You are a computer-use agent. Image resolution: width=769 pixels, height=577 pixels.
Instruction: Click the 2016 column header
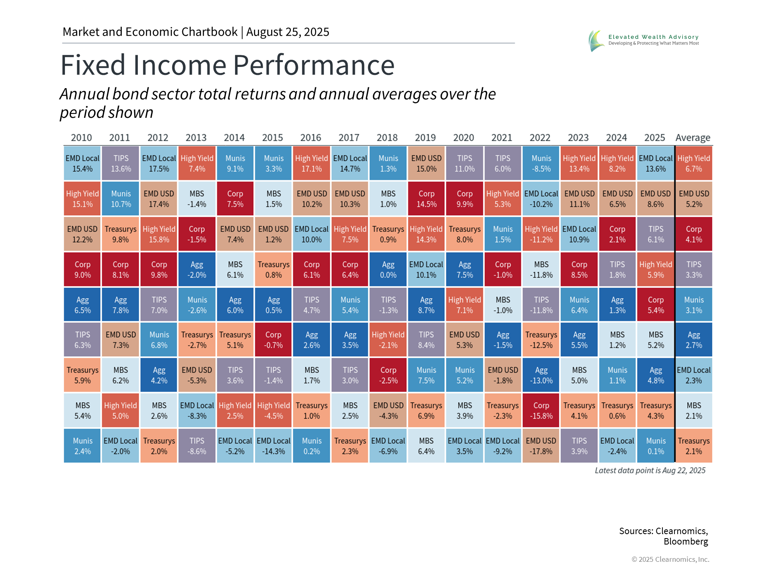(x=311, y=138)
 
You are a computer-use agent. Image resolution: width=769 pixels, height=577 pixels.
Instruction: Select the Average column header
(x=693, y=138)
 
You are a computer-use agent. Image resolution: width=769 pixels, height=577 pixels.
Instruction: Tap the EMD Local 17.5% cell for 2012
(x=159, y=163)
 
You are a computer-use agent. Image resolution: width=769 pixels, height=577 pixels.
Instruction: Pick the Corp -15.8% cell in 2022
(x=541, y=411)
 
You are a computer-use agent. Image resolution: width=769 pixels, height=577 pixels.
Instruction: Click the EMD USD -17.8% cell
(x=541, y=446)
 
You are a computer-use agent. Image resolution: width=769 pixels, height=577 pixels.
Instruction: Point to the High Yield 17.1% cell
(x=312, y=163)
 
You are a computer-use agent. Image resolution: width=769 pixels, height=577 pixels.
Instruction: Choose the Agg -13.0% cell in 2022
(x=541, y=375)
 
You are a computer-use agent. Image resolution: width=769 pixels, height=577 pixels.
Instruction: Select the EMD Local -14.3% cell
(x=274, y=446)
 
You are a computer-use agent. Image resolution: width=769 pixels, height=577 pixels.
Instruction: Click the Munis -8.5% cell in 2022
(x=541, y=163)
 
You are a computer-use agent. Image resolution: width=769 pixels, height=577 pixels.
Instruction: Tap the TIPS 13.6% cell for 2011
(x=121, y=163)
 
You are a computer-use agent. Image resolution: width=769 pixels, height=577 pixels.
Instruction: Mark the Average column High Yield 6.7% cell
(x=694, y=163)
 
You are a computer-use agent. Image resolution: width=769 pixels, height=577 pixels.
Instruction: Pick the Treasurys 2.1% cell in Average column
(x=694, y=446)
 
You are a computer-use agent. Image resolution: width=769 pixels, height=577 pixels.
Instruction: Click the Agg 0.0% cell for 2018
(x=388, y=270)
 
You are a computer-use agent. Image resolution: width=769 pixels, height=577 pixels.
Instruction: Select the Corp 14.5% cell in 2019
(x=426, y=199)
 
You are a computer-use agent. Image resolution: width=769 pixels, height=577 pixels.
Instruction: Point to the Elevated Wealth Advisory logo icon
(x=596, y=40)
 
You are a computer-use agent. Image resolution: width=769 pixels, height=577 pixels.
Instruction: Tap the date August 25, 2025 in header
(x=288, y=32)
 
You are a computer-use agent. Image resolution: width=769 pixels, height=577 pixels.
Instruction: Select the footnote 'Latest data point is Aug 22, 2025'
(x=650, y=470)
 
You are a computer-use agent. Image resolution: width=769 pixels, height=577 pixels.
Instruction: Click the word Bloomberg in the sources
(x=686, y=542)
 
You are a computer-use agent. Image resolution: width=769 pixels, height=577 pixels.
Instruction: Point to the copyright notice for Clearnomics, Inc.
(x=670, y=559)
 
